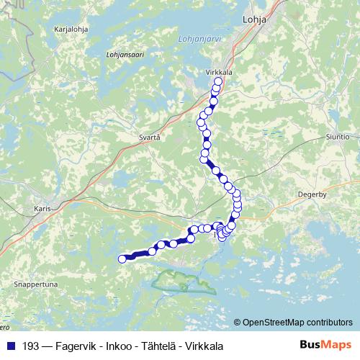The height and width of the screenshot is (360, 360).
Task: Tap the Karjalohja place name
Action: point(71,30)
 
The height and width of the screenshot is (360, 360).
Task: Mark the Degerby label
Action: point(311,193)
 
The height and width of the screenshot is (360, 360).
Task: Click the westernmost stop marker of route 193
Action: point(122,259)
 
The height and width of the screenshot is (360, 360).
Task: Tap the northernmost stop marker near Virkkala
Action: point(217,82)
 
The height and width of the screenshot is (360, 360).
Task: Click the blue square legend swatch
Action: point(10,346)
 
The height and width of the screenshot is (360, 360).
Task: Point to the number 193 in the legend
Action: point(30,346)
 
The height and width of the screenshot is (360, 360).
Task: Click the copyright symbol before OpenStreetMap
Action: point(238,323)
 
